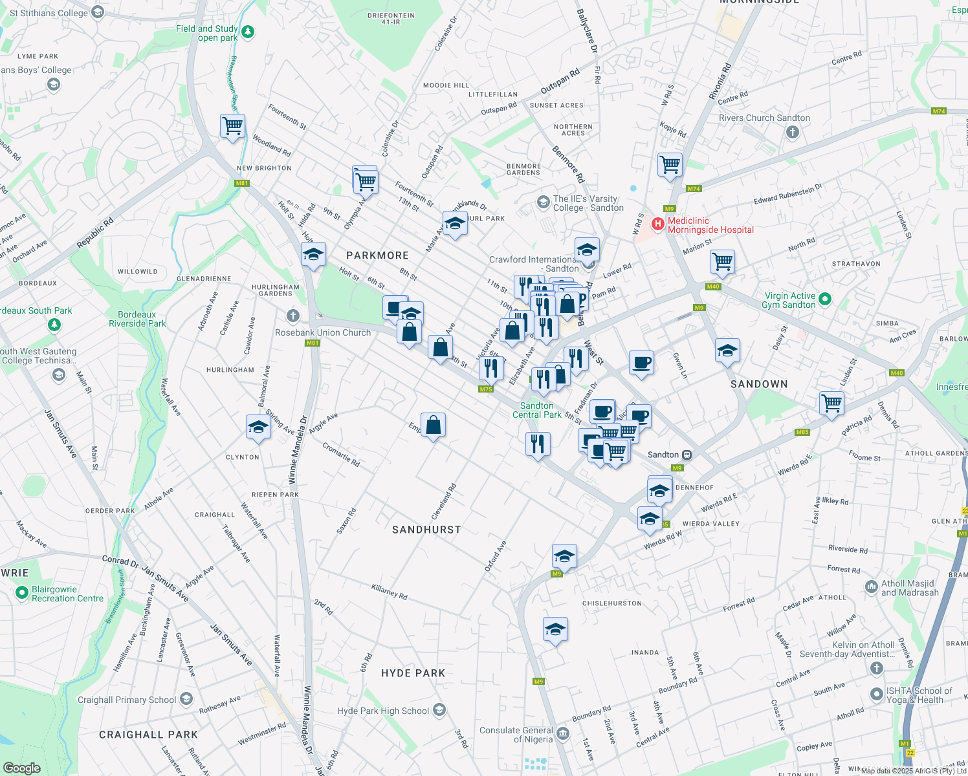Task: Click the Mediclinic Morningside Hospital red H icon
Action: [x=657, y=224]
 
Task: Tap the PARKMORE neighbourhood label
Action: [x=377, y=255]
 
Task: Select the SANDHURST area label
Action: [x=426, y=530]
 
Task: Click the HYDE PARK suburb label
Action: [x=413, y=673]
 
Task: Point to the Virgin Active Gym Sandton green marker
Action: [x=824, y=299]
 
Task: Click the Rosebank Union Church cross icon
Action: [x=293, y=316]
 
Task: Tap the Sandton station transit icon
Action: [x=687, y=455]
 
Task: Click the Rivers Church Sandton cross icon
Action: [x=793, y=132]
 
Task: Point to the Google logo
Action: [x=21, y=768]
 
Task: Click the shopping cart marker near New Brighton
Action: [x=232, y=125]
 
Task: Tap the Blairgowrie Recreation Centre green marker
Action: [x=22, y=592]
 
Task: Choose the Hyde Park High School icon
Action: [x=439, y=710]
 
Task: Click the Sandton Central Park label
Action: [x=537, y=410]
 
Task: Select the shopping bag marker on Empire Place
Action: [x=434, y=426]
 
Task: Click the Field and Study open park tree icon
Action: [x=247, y=32]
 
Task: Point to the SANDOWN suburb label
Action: [x=759, y=384]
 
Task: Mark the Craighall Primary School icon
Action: [x=186, y=699]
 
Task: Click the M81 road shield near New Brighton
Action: [x=242, y=183]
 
